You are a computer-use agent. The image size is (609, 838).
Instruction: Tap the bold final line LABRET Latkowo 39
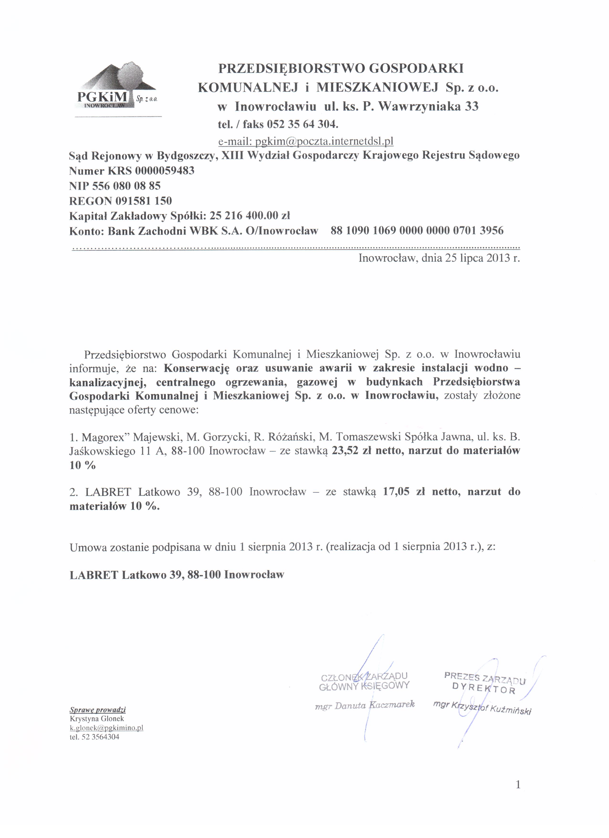coord(177,575)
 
